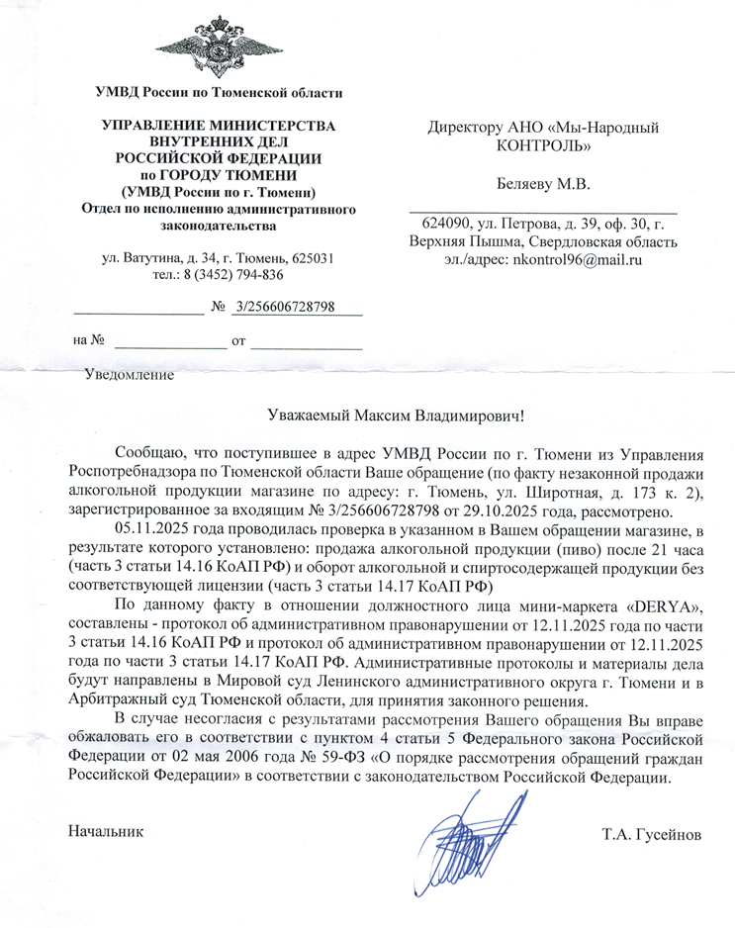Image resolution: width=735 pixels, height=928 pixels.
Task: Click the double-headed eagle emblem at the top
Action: [219, 46]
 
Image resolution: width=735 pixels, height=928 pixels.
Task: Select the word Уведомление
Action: [130, 375]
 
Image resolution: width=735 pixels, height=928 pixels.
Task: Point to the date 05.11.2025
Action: [151, 527]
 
